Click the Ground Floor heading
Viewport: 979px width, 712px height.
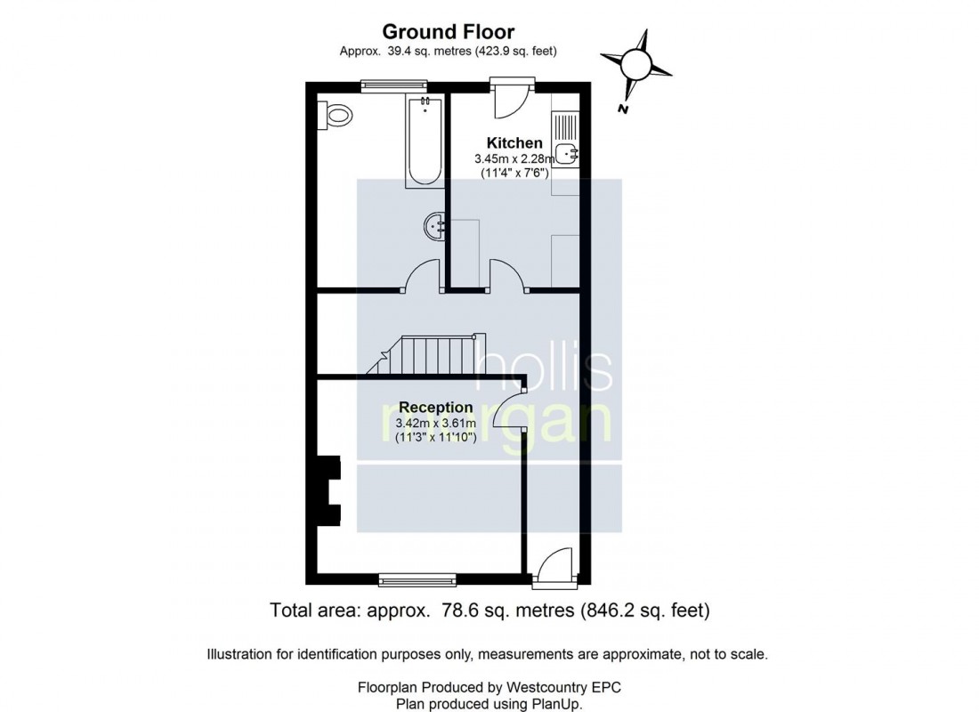tap(448, 31)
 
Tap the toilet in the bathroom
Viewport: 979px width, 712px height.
tap(335, 114)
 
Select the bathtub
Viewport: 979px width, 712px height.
tap(425, 142)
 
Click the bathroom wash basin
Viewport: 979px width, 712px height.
tap(434, 226)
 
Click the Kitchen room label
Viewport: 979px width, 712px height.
tap(514, 142)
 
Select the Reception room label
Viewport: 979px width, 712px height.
tap(436, 408)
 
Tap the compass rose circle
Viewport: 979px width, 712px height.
tap(635, 63)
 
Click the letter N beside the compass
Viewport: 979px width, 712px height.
tap(622, 109)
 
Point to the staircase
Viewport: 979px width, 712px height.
tap(425, 355)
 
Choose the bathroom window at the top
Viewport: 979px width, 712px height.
tap(394, 85)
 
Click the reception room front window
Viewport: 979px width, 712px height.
tap(417, 580)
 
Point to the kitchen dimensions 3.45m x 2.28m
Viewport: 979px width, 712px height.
tap(514, 159)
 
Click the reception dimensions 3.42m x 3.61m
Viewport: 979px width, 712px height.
tap(436, 424)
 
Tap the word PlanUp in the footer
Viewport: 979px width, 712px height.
tap(555, 705)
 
